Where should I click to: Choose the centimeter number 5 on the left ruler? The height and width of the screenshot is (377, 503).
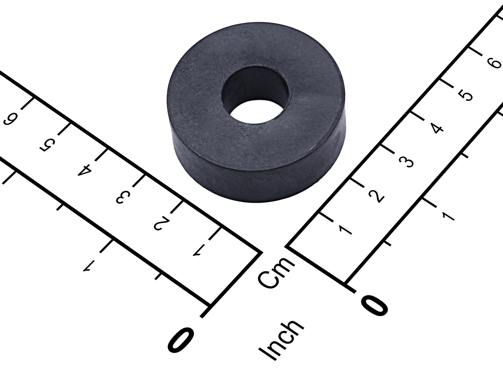coord(48,145)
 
